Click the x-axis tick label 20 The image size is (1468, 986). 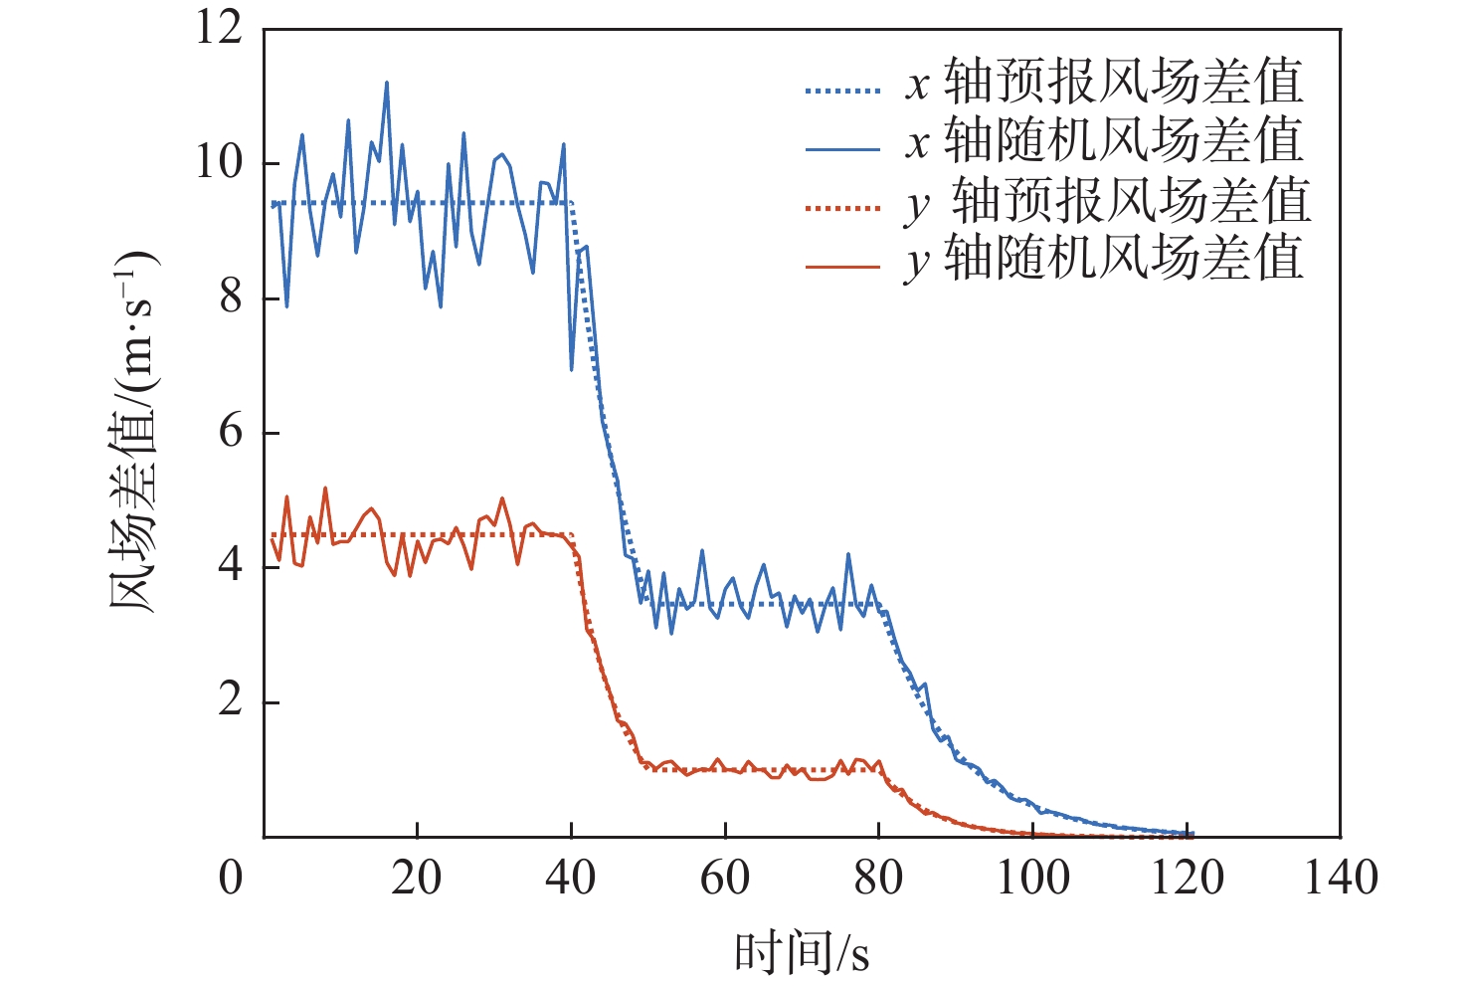(417, 878)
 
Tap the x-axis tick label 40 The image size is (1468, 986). (571, 878)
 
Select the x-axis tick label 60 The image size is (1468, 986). (725, 878)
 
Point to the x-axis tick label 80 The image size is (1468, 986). (878, 878)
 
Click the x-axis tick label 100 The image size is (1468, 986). (1032, 878)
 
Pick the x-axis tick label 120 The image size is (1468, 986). (1187, 878)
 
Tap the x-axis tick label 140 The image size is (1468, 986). (1341, 878)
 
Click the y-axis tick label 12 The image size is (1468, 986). (220, 28)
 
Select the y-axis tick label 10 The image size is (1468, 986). (220, 162)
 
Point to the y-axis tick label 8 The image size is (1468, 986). (231, 297)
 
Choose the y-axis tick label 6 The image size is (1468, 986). (231, 432)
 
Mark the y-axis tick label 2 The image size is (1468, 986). (231, 701)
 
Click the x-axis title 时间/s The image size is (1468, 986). (802, 952)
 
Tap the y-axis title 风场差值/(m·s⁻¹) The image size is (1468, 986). (133, 432)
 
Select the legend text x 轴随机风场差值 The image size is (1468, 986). (1104, 141)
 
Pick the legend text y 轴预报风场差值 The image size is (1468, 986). (1108, 202)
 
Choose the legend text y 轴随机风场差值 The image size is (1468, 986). (1104, 260)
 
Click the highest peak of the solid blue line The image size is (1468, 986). (386, 83)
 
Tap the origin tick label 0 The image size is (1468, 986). (231, 878)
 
